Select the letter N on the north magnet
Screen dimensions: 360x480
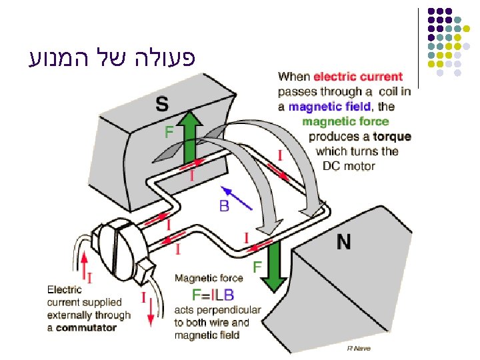point(343,243)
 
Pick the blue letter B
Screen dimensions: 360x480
point(224,207)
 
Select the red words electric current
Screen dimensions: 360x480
point(358,77)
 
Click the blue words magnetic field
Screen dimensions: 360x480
point(329,107)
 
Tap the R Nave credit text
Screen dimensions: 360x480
point(359,348)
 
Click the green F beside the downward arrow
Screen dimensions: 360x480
point(257,267)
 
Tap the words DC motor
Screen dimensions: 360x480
point(349,166)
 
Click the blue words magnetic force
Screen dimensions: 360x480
point(345,121)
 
